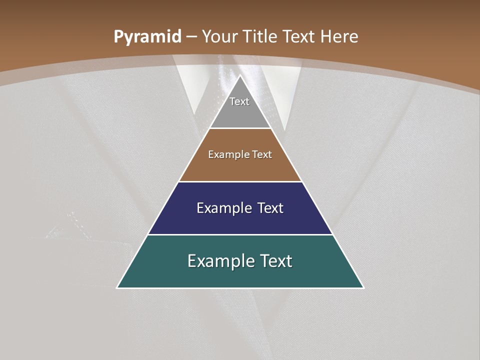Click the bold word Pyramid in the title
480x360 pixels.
(147, 37)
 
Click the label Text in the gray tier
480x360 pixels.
(239, 101)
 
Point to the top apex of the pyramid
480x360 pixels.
(240, 75)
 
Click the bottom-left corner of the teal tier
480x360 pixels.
(117, 287)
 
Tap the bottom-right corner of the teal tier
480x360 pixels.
(363, 287)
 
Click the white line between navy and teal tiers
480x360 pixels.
(240, 234)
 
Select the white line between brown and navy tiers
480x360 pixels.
(240, 181)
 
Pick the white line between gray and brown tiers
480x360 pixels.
(240, 128)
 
